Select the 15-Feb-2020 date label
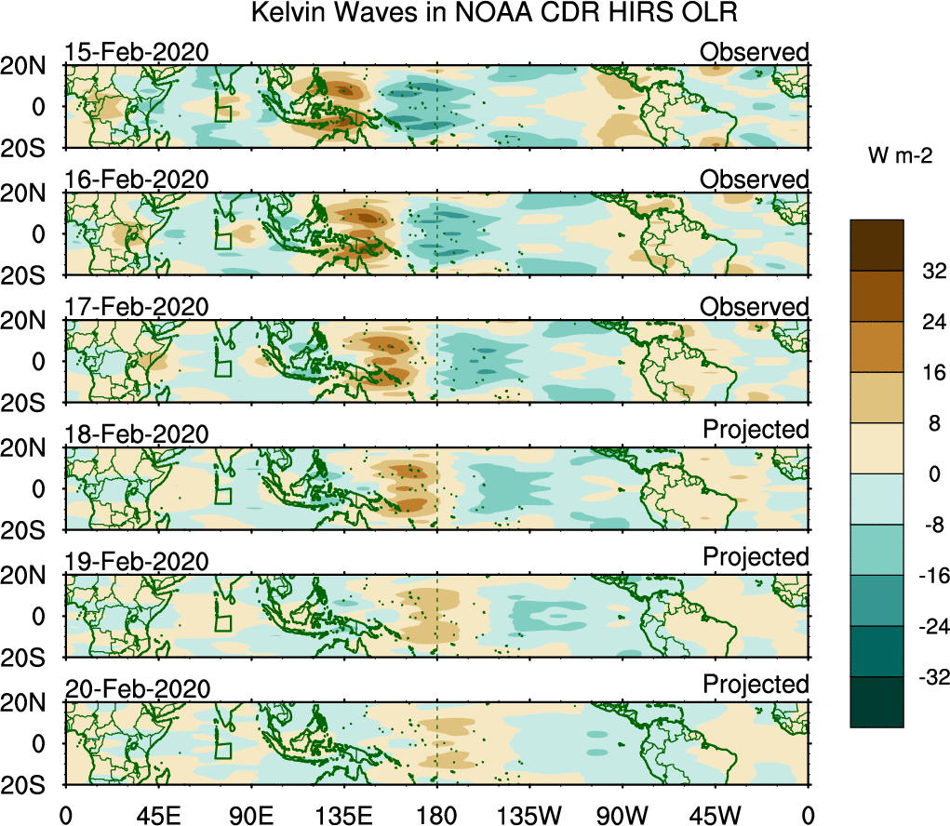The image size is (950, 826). (x=137, y=52)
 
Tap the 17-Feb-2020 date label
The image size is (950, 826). (x=137, y=307)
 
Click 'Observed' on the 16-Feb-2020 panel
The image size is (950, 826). (x=755, y=179)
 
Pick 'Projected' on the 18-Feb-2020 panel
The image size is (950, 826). (x=756, y=430)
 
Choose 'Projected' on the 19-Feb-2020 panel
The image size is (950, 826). (x=756, y=557)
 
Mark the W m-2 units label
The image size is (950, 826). (x=901, y=157)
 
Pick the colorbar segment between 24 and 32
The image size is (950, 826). (x=876, y=297)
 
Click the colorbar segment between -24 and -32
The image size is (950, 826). (x=876, y=651)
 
